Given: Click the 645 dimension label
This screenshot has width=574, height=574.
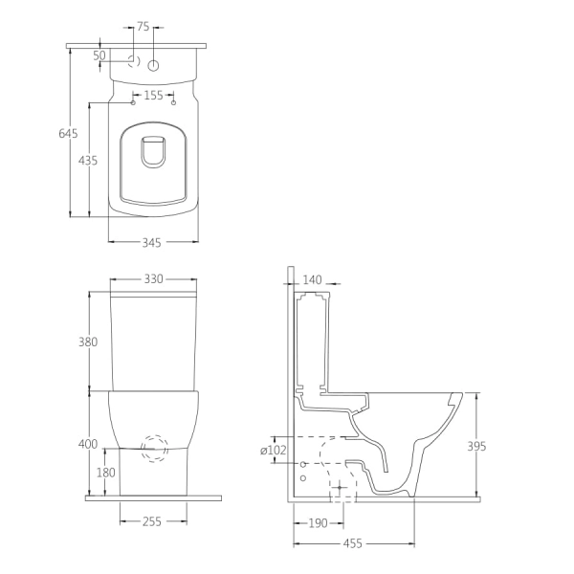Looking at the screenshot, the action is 68,134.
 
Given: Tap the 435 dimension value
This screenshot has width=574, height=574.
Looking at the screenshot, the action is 88,161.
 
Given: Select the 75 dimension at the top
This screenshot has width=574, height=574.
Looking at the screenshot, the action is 143,27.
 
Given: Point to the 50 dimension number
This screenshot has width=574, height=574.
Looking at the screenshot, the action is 99,55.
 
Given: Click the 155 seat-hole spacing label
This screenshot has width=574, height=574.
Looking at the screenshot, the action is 153,95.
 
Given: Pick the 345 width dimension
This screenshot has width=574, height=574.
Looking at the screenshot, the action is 151,242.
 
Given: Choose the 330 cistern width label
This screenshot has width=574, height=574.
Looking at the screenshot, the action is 153,279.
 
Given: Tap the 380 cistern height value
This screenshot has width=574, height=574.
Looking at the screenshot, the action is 88,342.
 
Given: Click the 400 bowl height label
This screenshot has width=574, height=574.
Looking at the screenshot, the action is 88,444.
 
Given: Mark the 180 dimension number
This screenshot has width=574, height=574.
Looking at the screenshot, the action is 106,473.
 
